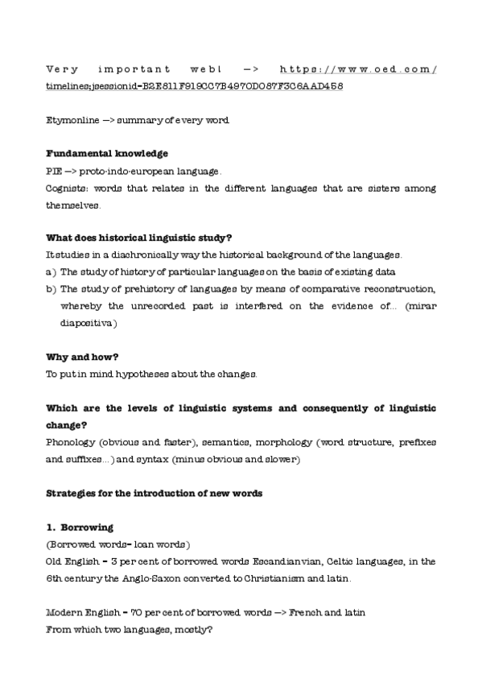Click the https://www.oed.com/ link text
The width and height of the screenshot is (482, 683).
359,69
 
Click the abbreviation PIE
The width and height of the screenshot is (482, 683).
53,172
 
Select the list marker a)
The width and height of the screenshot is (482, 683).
51,271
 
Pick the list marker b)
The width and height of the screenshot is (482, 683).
51,288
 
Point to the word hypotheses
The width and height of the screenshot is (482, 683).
146,374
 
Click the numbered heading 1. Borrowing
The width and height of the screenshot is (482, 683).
80,528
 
